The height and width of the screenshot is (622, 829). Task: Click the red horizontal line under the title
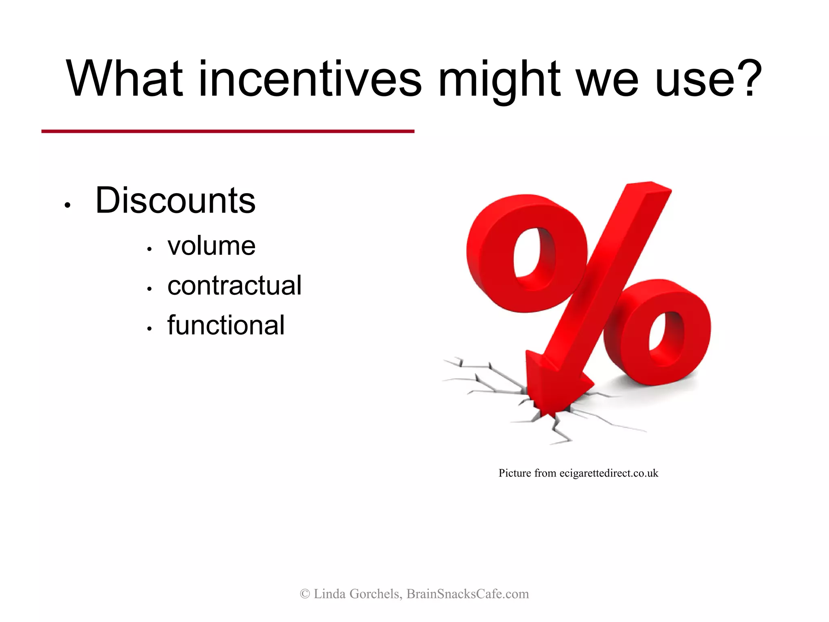[227, 131]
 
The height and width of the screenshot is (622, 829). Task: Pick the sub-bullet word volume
[211, 245]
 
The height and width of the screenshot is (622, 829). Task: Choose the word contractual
[234, 285]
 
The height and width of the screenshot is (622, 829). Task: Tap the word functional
[226, 325]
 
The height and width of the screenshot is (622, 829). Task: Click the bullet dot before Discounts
[68, 205]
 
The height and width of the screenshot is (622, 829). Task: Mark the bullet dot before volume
[149, 249]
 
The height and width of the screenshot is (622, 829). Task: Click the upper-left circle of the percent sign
[526, 253]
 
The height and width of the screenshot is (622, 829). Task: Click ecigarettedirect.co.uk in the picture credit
[609, 473]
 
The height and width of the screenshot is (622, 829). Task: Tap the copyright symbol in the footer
[305, 594]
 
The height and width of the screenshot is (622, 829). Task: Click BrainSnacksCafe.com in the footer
[468, 594]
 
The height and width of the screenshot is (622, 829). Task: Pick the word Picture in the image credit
[514, 473]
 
